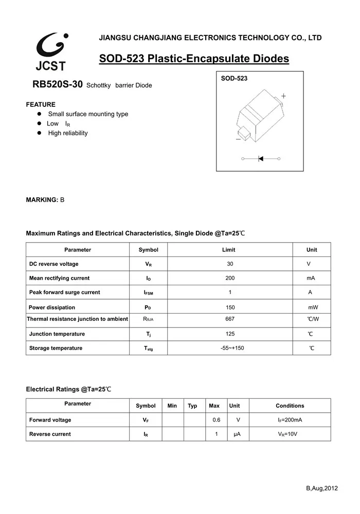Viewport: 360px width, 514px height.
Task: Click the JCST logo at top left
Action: pos(51,51)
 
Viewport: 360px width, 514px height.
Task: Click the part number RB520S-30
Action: pos(58,85)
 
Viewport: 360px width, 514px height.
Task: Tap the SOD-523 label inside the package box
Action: pos(234,79)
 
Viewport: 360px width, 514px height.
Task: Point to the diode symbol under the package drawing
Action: pos(261,159)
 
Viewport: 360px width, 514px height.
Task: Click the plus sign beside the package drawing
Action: pos(283,96)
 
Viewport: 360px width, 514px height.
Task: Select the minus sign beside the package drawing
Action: pos(238,139)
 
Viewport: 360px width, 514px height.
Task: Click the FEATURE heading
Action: pos(41,104)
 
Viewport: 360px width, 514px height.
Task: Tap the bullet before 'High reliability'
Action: pos(39,133)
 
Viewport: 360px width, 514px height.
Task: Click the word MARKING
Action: pos(42,199)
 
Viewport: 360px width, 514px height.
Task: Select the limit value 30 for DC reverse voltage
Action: pos(230,264)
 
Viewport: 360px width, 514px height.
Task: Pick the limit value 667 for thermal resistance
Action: pos(230,319)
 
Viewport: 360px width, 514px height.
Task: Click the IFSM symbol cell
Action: pos(148,292)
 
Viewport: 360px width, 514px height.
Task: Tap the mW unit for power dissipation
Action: pos(313,307)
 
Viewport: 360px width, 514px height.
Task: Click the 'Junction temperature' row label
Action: pos(57,334)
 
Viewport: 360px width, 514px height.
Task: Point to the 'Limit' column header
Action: pos(229,250)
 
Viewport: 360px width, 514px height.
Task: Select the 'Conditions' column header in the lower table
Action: pos(290,406)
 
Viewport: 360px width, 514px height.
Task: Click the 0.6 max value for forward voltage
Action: pos(217,420)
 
